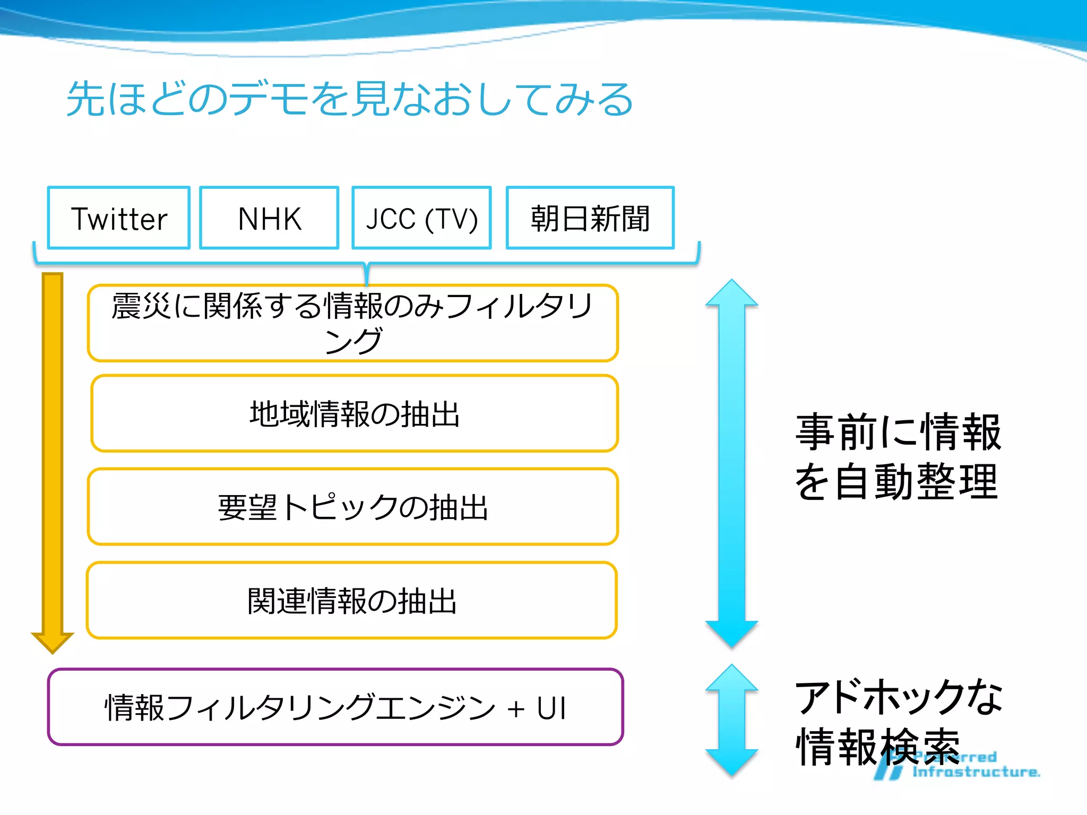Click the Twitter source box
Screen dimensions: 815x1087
119,218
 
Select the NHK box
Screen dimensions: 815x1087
269,218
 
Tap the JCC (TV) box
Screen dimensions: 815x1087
421,218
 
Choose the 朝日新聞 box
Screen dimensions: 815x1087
590,218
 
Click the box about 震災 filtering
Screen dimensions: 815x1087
353,323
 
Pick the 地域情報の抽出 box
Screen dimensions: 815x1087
355,413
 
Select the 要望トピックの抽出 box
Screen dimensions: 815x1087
353,507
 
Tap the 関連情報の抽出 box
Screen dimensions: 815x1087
352,600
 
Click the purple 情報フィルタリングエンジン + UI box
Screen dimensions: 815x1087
335,707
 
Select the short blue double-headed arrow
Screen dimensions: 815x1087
731,720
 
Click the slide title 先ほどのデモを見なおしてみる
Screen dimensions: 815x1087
349,99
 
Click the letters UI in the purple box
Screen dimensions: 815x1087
551,708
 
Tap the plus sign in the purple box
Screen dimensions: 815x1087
515,709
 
